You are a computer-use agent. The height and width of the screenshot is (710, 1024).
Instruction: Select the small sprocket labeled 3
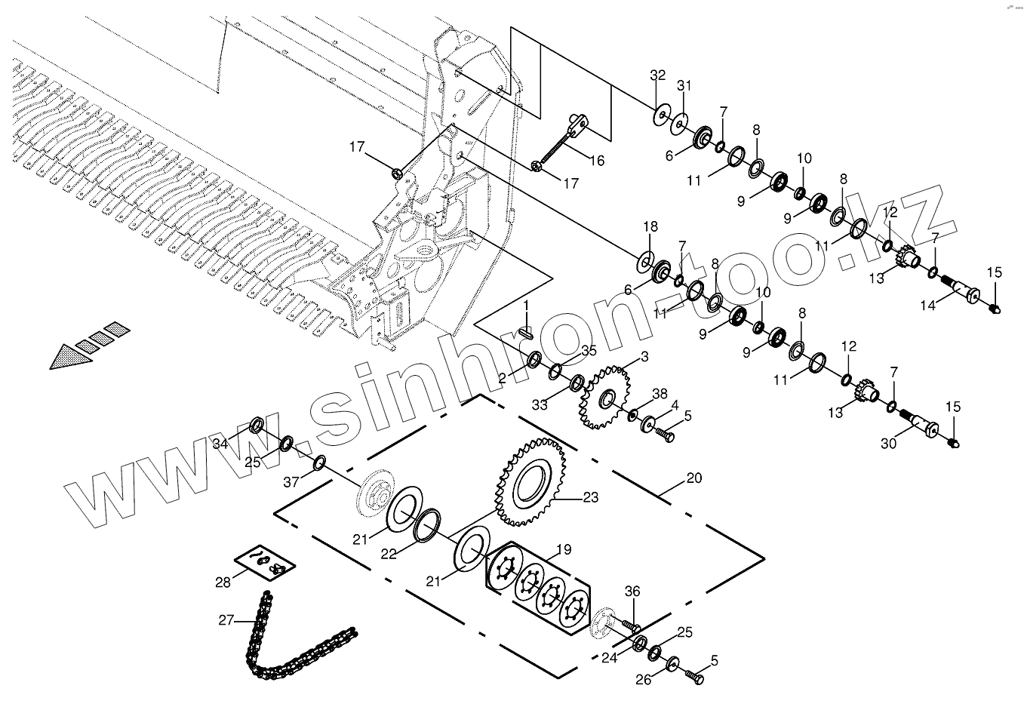click(x=605, y=398)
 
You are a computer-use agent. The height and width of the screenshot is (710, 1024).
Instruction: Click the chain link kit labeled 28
click(x=263, y=561)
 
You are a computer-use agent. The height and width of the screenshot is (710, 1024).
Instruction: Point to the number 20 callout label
click(x=693, y=478)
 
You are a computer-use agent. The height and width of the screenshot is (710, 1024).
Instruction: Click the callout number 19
click(x=563, y=549)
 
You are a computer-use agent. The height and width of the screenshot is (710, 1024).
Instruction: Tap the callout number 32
click(x=658, y=75)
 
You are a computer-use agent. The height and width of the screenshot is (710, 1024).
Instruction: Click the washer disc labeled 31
click(x=680, y=121)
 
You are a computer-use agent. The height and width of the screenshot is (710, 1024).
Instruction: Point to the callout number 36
click(x=632, y=592)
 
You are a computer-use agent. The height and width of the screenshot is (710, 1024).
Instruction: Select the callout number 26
click(x=643, y=680)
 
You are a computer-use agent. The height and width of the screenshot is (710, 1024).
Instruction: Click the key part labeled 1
click(x=527, y=330)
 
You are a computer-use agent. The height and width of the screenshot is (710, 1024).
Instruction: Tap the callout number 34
click(x=220, y=444)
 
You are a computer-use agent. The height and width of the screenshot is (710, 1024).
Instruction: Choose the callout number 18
click(x=650, y=227)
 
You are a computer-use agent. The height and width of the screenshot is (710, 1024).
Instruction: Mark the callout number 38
click(x=660, y=393)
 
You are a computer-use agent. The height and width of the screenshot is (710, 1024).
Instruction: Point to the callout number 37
click(x=291, y=482)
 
